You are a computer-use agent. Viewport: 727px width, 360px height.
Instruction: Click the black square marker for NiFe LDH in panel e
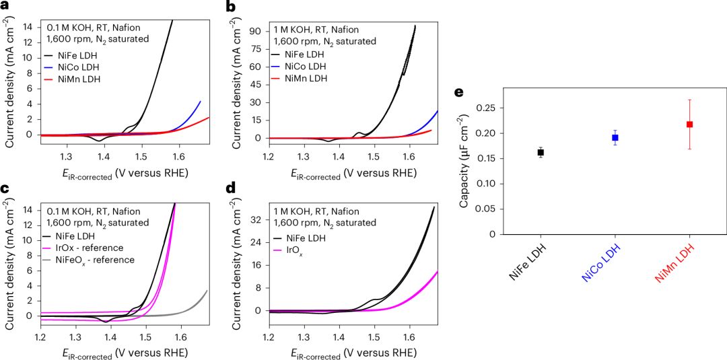point(541,153)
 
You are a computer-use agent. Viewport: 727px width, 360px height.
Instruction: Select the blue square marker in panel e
point(615,138)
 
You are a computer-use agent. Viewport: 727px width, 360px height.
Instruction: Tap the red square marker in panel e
point(689,124)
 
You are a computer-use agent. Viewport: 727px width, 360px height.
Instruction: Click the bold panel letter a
point(6,7)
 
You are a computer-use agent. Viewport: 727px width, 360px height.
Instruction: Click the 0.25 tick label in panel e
point(493,108)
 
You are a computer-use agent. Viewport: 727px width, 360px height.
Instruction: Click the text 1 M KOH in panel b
point(296,29)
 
